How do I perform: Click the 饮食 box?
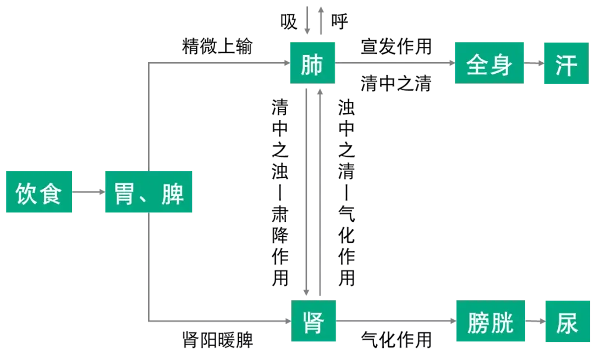39,192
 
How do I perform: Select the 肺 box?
312,64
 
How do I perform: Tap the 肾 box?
313,321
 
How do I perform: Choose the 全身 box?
490,64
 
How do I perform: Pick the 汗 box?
566,64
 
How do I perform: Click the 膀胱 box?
490,321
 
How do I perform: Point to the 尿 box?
566,321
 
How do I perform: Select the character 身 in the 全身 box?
501,64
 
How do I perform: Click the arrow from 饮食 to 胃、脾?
88,192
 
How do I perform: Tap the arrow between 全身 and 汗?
534,64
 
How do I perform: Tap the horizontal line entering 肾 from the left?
220,321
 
